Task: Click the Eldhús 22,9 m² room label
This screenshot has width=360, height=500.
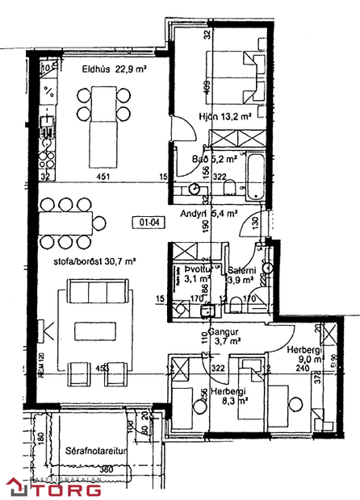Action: coord(114,69)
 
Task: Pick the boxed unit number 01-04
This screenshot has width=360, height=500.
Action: coord(146,221)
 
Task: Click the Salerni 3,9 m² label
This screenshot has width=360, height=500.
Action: coord(241,275)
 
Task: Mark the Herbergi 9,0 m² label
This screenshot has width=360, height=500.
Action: coord(303,354)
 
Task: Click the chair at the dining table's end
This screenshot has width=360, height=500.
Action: coord(99,220)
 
